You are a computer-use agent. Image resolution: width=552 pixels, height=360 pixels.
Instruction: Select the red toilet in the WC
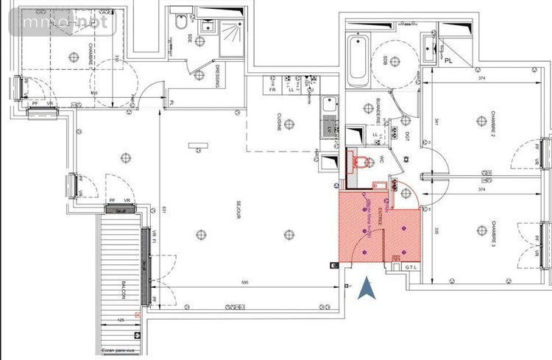click(x=360, y=160)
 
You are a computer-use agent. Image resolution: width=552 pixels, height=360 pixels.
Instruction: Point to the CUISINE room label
click(x=279, y=121)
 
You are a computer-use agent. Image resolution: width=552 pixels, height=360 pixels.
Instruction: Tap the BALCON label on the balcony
click(x=124, y=290)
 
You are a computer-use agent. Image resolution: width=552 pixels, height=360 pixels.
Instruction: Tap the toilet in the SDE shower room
click(x=180, y=23)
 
